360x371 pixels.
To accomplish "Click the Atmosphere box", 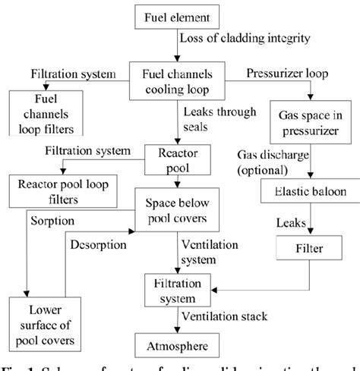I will click(178, 348).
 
